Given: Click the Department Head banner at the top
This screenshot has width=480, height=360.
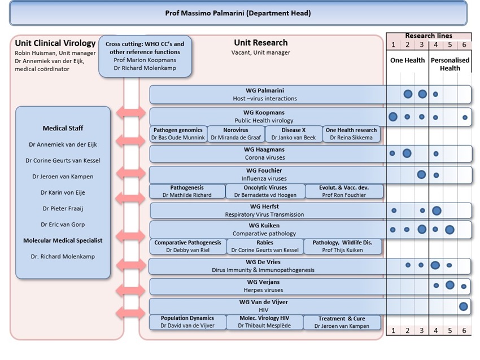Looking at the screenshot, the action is click(x=238, y=13).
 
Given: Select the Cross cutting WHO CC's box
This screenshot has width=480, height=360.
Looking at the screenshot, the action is click(x=145, y=56).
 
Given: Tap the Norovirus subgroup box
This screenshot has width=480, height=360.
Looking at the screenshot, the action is click(x=235, y=134).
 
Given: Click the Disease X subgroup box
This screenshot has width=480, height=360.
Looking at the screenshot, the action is click(x=294, y=134).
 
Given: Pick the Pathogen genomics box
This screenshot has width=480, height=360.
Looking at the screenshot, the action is click(x=178, y=134).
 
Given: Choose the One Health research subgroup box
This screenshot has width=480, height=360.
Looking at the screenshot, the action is click(x=351, y=134).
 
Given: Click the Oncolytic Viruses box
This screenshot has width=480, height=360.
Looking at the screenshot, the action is click(x=265, y=191).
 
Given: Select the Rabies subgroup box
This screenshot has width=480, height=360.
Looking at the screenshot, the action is click(x=265, y=247).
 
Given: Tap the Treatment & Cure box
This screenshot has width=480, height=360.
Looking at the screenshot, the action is click(x=342, y=322).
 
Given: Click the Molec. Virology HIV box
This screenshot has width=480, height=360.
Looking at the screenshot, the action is click(x=264, y=322).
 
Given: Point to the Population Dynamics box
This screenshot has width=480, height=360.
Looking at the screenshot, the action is click(x=187, y=322).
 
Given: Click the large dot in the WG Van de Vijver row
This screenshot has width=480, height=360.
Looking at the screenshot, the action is click(x=464, y=306).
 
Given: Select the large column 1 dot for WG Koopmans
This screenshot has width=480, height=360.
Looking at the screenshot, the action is click(x=393, y=117).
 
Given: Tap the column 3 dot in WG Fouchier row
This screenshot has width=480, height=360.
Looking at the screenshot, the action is click(x=421, y=175).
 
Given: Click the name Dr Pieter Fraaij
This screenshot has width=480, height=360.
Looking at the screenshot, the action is click(x=63, y=209).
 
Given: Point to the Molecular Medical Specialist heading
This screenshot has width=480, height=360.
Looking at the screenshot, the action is click(x=63, y=240).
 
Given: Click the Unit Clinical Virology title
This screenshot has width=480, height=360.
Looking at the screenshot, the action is click(x=55, y=43).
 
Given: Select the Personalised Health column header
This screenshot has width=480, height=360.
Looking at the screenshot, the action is click(x=450, y=64).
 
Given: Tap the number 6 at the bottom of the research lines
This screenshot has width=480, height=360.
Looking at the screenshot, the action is click(x=464, y=330).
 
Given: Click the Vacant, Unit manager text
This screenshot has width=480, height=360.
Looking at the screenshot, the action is click(x=261, y=52).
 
